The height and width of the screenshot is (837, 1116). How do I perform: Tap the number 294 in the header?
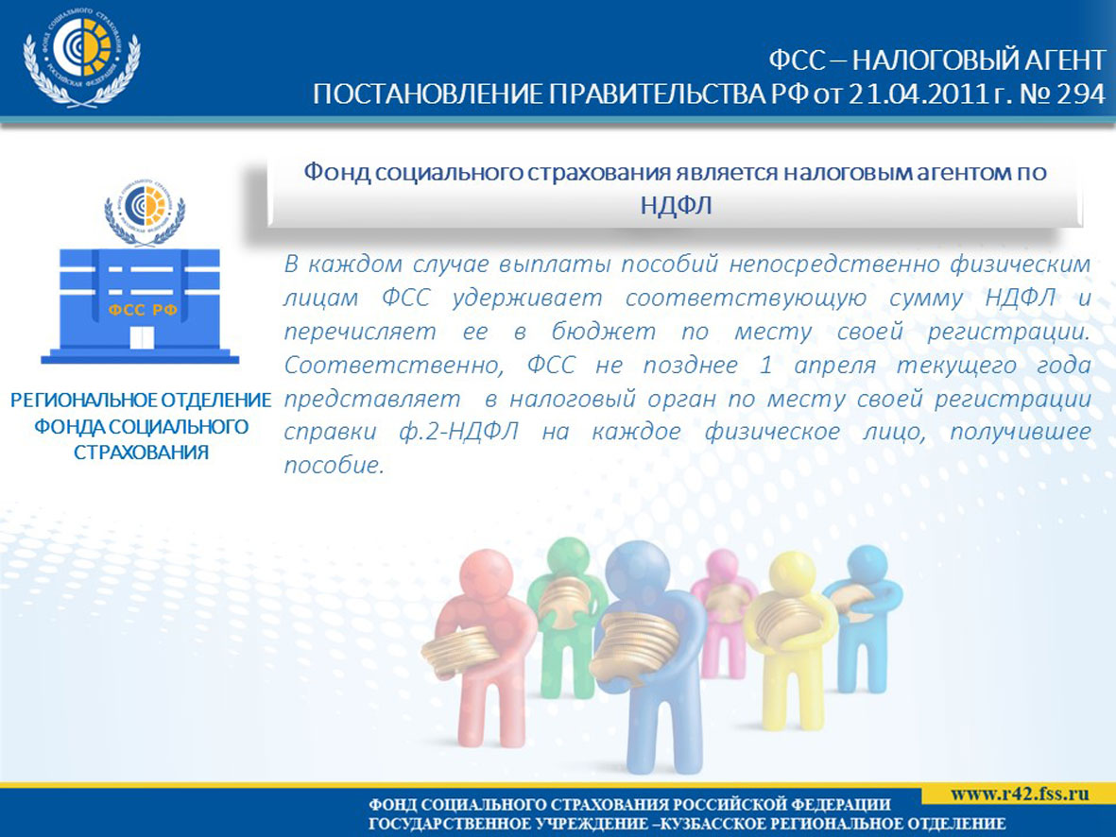[1081, 94]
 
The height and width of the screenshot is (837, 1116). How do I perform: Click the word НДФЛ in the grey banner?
[676, 205]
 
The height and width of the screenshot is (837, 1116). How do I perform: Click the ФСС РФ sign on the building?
[143, 310]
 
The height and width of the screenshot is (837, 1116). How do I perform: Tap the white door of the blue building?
[143, 337]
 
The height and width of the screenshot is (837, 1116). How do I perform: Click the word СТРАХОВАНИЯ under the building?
[141, 453]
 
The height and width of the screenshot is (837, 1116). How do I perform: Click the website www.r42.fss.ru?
[1020, 794]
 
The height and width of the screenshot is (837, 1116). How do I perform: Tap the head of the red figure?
[486, 576]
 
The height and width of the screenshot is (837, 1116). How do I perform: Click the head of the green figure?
[569, 559]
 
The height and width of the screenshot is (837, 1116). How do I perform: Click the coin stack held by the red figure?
[461, 653]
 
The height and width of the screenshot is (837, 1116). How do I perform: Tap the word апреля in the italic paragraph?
[834, 365]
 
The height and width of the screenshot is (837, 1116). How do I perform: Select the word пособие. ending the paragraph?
[334, 466]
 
